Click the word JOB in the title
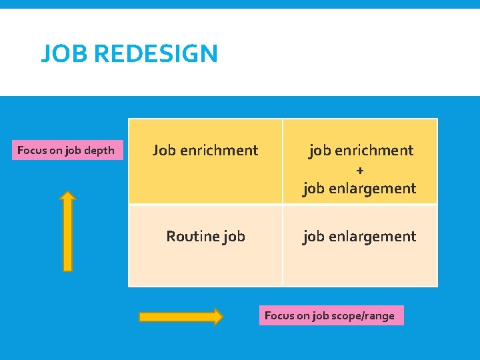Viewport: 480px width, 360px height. pos(62,53)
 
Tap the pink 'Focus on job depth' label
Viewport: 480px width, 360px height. pos(66,150)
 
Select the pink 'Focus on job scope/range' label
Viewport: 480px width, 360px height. pos(331,315)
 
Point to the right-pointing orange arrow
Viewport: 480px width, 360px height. pos(181,317)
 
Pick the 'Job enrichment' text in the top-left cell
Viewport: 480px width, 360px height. pos(205,150)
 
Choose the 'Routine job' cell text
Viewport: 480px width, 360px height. pos(205,236)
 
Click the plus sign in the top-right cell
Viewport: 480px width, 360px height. pos(360,170)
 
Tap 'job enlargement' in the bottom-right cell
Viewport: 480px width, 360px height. pos(359,236)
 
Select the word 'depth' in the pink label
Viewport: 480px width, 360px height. pos(100,150)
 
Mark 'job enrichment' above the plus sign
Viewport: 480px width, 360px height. pos(361,151)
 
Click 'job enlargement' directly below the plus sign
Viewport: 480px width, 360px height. pos(359,189)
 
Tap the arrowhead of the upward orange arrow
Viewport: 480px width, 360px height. pos(67,197)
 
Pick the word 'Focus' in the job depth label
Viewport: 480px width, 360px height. pos(31,150)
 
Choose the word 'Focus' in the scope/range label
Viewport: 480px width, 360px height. pos(279,315)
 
